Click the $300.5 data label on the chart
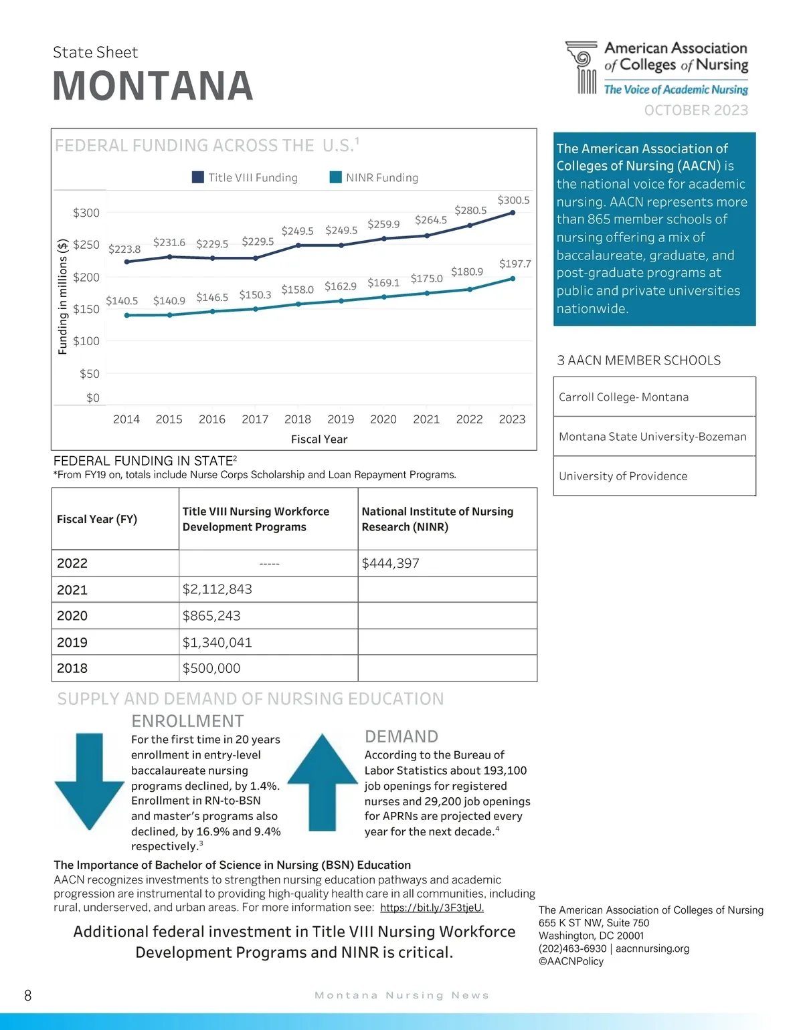click(513, 200)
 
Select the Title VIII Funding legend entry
click(244, 177)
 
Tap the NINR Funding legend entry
click(374, 177)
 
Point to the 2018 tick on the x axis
click(298, 419)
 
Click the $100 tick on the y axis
click(86, 341)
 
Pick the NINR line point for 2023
click(513, 279)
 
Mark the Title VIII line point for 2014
click(126, 262)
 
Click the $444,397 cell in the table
click(391, 563)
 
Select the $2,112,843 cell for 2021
click(217, 589)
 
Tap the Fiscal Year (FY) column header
click(97, 519)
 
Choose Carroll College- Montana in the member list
click(624, 397)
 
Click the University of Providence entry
click(623, 476)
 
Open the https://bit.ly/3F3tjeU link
click(432, 908)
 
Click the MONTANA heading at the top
click(153, 86)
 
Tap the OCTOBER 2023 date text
click(696, 110)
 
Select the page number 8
click(27, 995)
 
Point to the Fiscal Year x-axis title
click(319, 439)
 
